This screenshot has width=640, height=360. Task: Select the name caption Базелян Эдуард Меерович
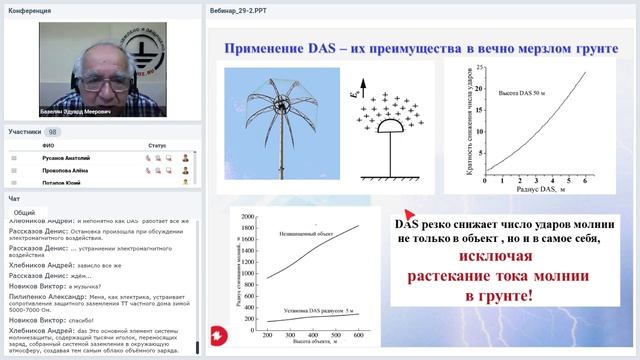(79, 113)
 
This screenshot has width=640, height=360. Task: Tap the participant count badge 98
(52, 131)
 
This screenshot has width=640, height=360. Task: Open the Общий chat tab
(26, 213)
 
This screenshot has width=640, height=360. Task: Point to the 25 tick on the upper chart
(478, 68)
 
